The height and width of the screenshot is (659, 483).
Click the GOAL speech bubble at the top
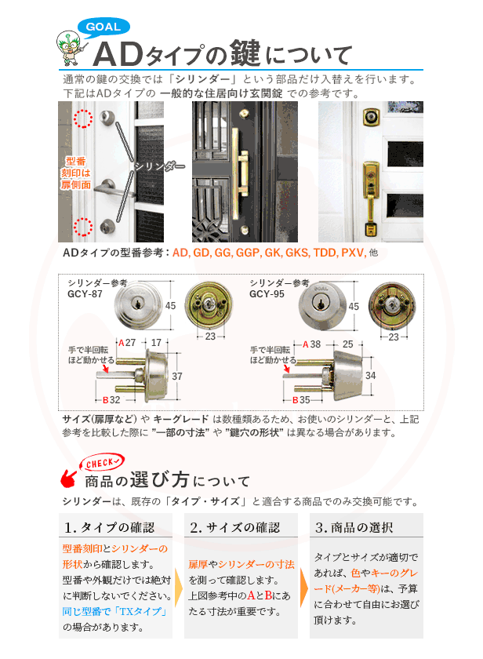point(103,27)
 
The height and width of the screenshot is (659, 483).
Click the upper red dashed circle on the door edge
point(82,119)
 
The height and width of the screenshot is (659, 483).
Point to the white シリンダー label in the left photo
point(159,166)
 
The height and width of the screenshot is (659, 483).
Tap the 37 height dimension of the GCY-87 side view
point(176,377)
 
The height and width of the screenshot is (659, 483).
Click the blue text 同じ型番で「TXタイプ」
point(112,611)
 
